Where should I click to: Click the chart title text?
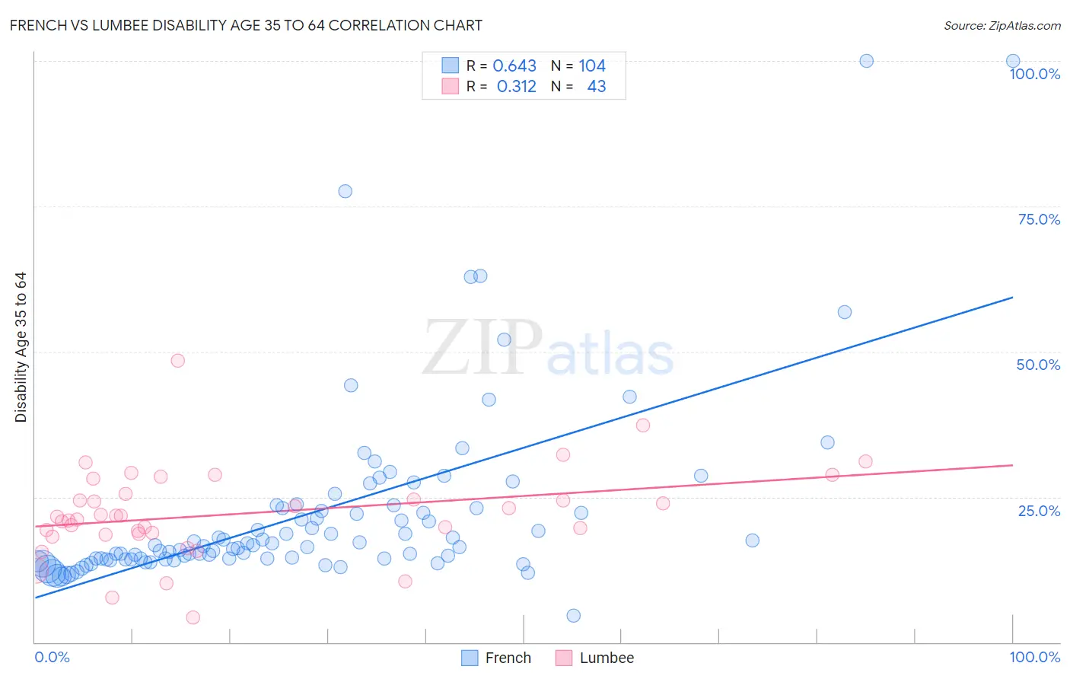246,26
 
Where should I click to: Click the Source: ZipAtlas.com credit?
1002,26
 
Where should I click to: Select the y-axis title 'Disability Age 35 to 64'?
21,347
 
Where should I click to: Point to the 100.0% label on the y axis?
1034,74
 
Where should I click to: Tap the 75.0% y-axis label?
1039,219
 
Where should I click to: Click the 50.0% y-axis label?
1038,365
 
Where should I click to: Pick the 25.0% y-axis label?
1039,510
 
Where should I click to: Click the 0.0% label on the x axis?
52,657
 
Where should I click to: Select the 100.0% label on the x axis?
1034,657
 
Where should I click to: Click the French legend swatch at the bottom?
470,658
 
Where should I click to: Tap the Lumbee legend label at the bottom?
607,658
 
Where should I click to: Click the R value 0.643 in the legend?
514,65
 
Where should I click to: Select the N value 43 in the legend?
597,87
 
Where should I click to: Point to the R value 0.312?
516,87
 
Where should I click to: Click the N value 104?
592,65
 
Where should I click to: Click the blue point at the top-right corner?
1013,61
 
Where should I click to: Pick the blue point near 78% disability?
345,191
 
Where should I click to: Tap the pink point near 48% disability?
177,360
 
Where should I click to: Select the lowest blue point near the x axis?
574,616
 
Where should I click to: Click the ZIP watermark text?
482,348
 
